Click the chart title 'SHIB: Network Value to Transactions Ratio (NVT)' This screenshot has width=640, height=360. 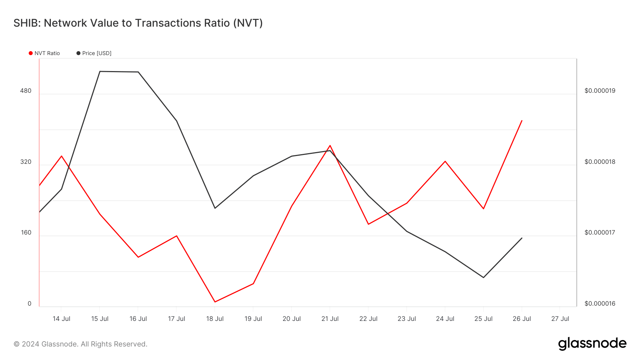pyautogui.click(x=138, y=23)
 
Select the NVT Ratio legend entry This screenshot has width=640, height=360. pyautogui.click(x=44, y=53)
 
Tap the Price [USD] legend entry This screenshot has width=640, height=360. pyautogui.click(x=94, y=53)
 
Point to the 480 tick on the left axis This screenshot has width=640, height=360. pyautogui.click(x=26, y=91)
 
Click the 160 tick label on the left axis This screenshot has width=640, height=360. pyautogui.click(x=26, y=232)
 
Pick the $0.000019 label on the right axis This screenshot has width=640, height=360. pyautogui.click(x=600, y=91)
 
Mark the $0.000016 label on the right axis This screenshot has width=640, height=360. pyautogui.click(x=600, y=303)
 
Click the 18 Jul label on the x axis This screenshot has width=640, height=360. pyautogui.click(x=215, y=319)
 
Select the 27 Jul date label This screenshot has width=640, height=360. pyautogui.click(x=560, y=319)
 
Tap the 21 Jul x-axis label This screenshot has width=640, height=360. pyautogui.click(x=330, y=319)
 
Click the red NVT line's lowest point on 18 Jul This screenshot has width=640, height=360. pyautogui.click(x=215, y=302)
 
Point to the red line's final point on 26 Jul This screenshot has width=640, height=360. pyautogui.click(x=522, y=120)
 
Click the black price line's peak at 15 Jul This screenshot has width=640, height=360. pyautogui.click(x=100, y=71)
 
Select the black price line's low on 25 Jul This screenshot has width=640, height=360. pyautogui.click(x=484, y=278)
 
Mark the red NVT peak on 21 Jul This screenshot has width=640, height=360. pyautogui.click(x=330, y=145)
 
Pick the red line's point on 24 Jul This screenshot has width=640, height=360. pyautogui.click(x=445, y=161)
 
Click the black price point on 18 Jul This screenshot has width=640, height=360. pyautogui.click(x=215, y=208)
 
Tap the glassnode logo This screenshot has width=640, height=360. pyautogui.click(x=592, y=344)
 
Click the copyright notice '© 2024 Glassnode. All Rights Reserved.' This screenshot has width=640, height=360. pyautogui.click(x=80, y=344)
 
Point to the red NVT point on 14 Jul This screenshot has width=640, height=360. pyautogui.click(x=62, y=156)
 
